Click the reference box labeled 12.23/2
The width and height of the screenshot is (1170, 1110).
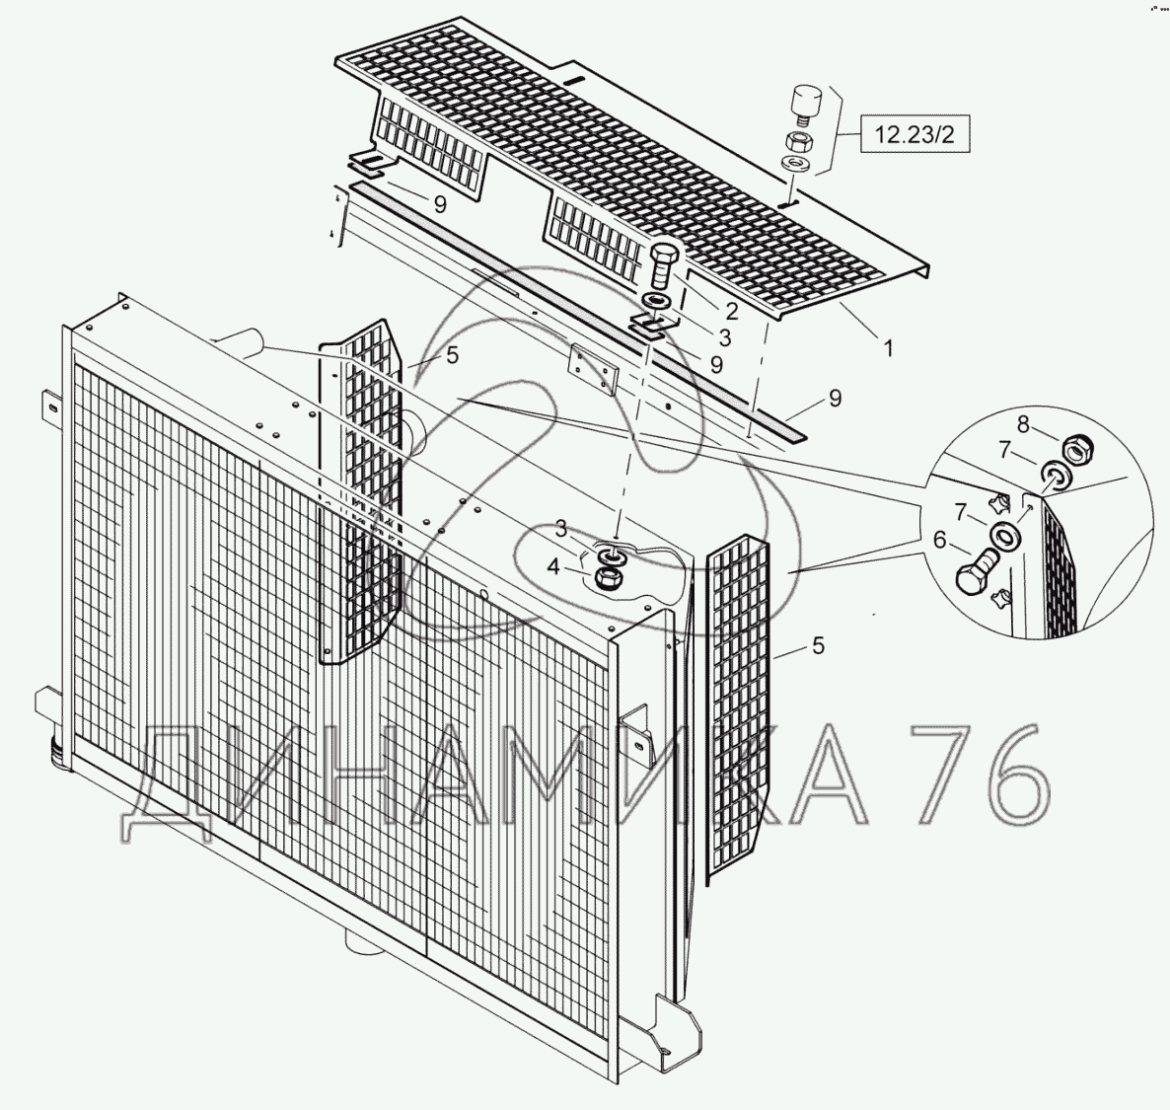pos(915,134)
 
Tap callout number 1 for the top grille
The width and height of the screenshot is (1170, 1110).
pos(888,348)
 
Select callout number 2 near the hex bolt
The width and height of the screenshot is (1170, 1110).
pos(732,310)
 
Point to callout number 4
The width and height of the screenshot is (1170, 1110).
pos(552,567)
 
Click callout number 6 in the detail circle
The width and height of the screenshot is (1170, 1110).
pos(939,540)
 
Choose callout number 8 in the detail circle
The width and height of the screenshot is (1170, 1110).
pos(1022,424)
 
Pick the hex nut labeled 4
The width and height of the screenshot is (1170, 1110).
pos(609,578)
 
